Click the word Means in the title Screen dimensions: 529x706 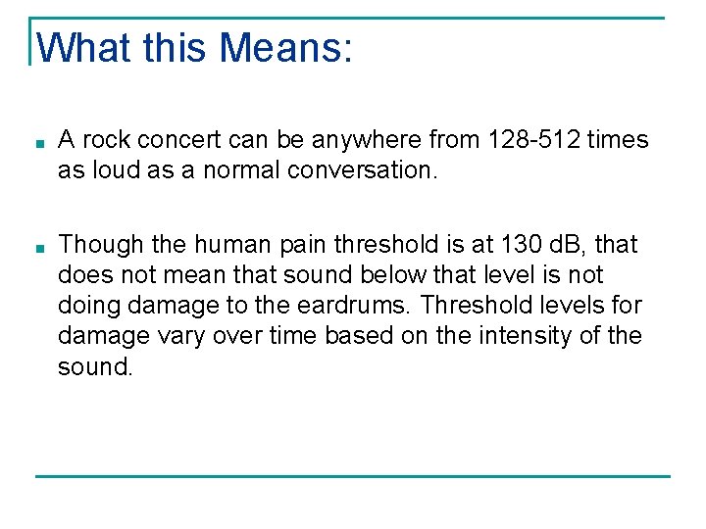click(285, 46)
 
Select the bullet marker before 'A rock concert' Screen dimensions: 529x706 click(37, 142)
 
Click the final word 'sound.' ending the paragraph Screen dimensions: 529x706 click(94, 366)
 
